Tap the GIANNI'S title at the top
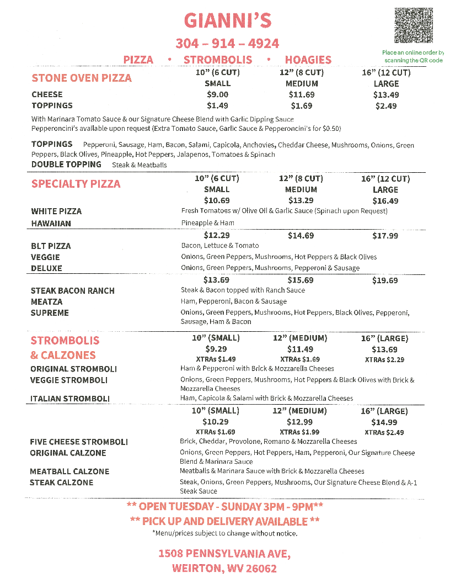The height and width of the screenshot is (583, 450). pos(227,21)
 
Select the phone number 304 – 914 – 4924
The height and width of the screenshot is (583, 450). pos(227,43)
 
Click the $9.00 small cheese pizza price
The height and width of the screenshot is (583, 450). pos(217,94)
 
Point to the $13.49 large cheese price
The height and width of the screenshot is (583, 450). pos(386,94)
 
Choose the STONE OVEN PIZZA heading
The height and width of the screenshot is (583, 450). pos(82,78)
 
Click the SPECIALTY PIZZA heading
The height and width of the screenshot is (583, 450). pos(76,184)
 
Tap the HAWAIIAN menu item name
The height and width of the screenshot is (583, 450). pos(51,224)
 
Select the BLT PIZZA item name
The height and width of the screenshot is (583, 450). pos(51,246)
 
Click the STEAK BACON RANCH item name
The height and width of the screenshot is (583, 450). pos(73,290)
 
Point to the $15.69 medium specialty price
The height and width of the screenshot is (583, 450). pos(301,280)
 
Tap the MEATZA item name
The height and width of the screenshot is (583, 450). pos(47,301)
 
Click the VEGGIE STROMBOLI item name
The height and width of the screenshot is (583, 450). pos(69,380)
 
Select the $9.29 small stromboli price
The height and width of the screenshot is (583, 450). pos(216,349)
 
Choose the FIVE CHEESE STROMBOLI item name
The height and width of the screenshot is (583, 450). pos(79,442)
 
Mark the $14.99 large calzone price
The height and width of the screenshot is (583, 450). pos(384,422)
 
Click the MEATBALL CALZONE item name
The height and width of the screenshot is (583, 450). pos(69,471)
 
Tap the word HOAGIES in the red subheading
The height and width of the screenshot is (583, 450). pos(308,60)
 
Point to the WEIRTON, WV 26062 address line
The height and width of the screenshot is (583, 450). pos(224,568)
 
